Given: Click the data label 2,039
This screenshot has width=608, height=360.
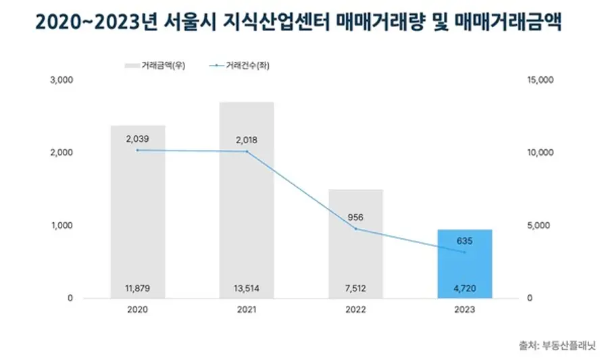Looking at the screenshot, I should coord(137,138).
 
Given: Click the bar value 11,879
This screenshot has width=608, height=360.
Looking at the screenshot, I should coord(138,288).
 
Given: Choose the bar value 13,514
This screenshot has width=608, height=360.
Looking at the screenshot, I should coord(247,288).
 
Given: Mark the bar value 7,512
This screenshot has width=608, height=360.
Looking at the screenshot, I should coord(356,288).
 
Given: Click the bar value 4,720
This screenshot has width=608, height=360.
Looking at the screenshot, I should coord(465,288).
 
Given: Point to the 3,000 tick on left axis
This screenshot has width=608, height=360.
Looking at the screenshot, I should coord(61,80).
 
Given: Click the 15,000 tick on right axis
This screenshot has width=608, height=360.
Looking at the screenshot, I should coord(539,80).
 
